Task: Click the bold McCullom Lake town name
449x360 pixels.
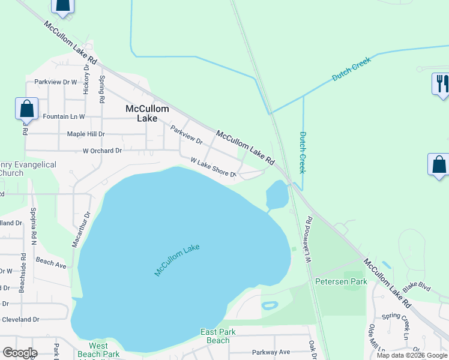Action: click(x=147, y=113)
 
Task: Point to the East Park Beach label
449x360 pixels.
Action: click(x=215, y=336)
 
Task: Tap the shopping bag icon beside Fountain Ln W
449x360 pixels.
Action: click(x=26, y=109)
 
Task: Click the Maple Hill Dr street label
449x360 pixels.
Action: click(x=86, y=134)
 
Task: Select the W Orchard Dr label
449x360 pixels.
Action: click(x=102, y=151)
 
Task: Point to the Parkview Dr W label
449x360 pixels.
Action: click(x=56, y=82)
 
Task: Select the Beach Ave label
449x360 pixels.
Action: click(x=51, y=262)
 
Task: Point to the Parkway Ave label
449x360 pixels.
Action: click(x=271, y=352)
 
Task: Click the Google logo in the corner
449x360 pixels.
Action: click(x=20, y=352)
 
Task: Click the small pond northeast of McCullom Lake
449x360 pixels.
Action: click(x=277, y=194)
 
